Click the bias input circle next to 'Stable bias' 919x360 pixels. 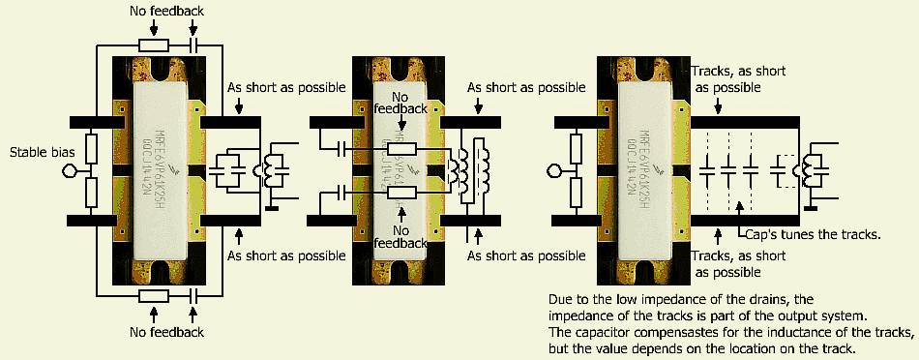click(x=69, y=171)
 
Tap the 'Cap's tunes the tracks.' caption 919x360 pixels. click(x=814, y=234)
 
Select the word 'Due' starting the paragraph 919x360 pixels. click(x=560, y=299)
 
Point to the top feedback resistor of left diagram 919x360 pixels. click(x=154, y=45)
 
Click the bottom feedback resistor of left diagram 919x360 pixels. click(x=154, y=295)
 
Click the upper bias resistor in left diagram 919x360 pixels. click(x=91, y=149)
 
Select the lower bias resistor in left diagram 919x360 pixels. click(x=91, y=193)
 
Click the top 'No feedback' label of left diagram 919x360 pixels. click(x=167, y=10)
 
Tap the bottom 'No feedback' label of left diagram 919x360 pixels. click(x=167, y=332)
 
